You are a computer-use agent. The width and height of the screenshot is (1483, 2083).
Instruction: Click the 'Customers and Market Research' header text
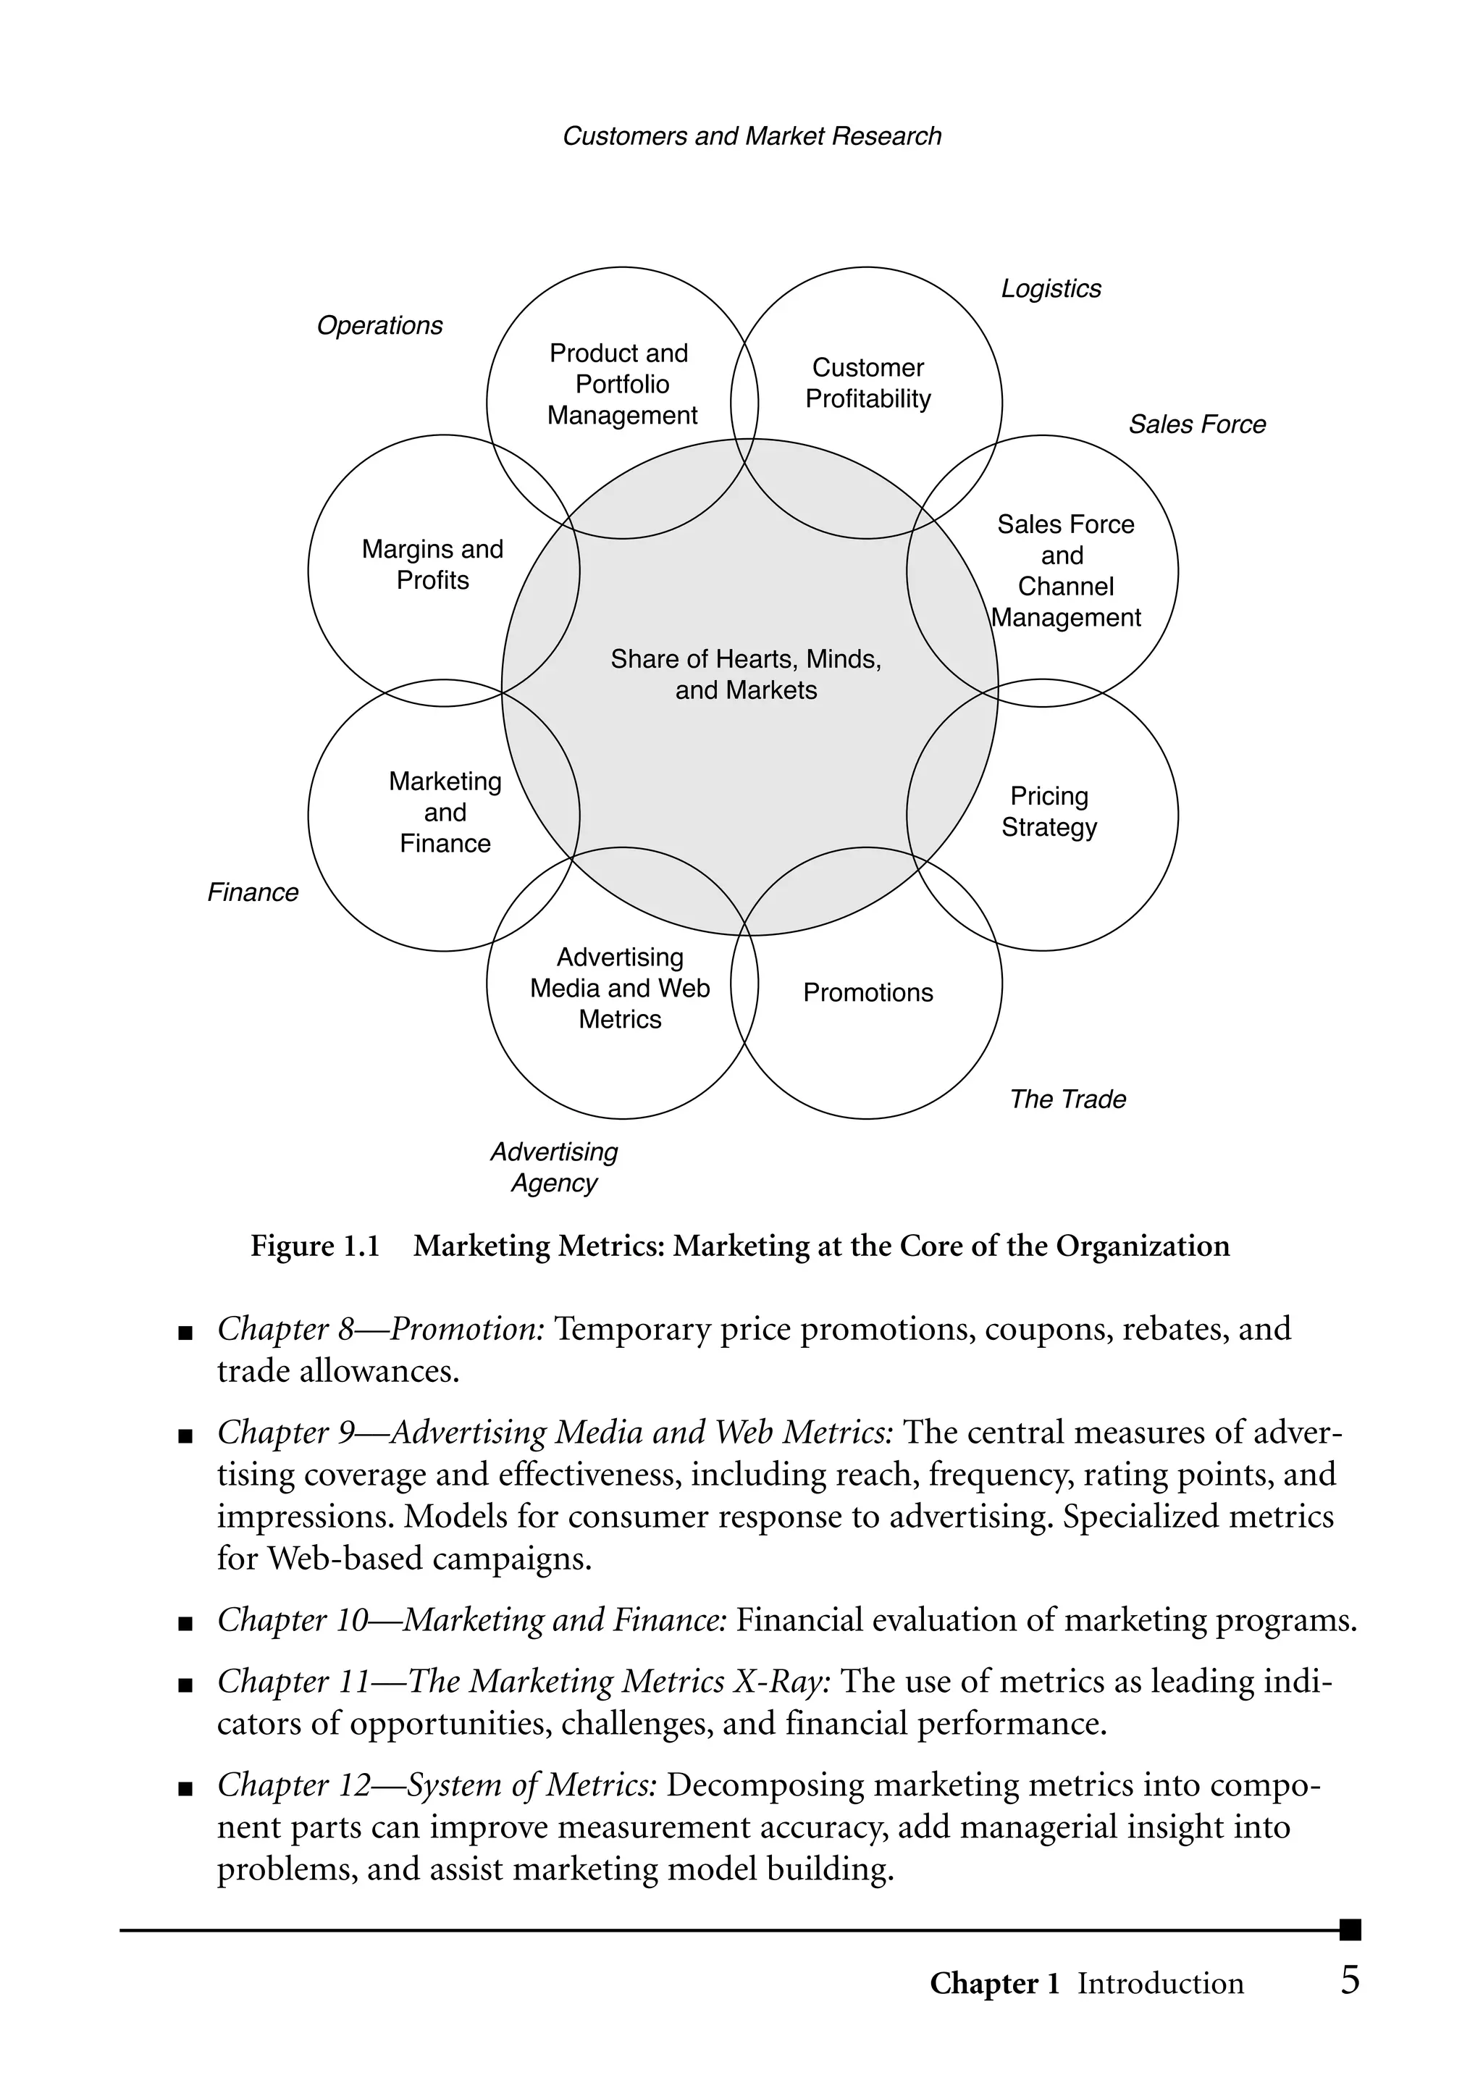[x=752, y=136]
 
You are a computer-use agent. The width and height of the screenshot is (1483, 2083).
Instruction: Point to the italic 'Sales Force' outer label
[x=1197, y=424]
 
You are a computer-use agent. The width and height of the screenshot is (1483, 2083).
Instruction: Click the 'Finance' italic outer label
[x=253, y=892]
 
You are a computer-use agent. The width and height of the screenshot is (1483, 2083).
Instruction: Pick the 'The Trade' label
[x=1067, y=1099]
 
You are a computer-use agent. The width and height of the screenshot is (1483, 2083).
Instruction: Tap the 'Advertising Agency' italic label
[x=554, y=1167]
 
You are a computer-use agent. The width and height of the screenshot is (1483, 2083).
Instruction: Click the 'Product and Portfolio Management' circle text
[x=621, y=385]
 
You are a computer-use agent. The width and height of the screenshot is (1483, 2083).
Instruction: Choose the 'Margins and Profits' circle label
[x=433, y=564]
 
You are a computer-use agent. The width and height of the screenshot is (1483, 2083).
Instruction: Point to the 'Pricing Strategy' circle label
[x=1049, y=811]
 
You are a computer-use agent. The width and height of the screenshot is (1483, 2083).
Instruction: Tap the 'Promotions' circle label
[x=867, y=993]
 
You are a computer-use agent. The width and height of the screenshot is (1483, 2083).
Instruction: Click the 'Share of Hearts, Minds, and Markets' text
[x=746, y=674]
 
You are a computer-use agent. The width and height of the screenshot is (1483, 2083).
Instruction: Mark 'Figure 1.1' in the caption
[x=315, y=1246]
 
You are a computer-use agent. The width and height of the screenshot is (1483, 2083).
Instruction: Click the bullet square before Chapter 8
[x=186, y=1334]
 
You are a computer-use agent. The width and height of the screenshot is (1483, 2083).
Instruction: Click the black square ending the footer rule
[x=1350, y=1929]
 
